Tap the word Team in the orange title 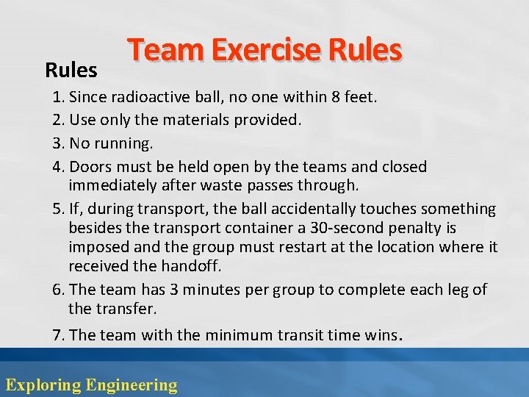click(163, 51)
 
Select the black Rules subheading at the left click(71, 71)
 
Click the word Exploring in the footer click(43, 385)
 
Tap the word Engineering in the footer click(132, 385)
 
